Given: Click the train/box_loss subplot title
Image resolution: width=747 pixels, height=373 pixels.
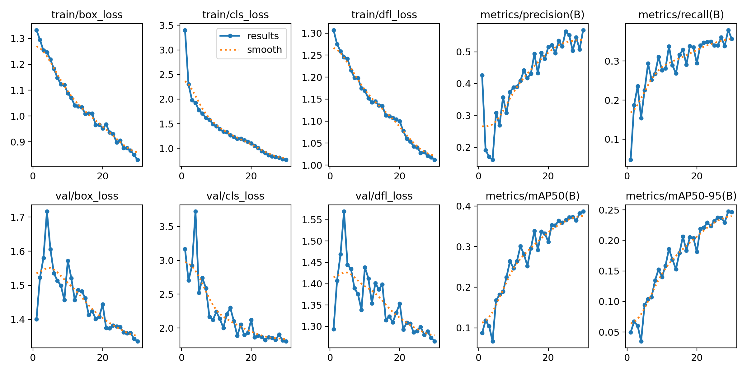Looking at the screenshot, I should pyautogui.click(x=87, y=15).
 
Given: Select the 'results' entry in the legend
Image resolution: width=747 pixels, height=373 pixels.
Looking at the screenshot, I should pyautogui.click(x=263, y=36).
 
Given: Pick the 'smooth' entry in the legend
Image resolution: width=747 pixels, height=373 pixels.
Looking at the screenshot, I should pyautogui.click(x=264, y=50).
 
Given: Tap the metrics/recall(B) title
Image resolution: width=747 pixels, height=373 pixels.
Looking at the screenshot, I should pyautogui.click(x=681, y=15).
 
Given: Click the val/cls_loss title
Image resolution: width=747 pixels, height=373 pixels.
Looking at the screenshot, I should pyautogui.click(x=235, y=196).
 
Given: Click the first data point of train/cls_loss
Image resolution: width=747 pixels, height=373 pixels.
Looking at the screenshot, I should pyautogui.click(x=185, y=30).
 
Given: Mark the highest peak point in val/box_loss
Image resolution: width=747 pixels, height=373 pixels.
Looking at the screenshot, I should pyautogui.click(x=47, y=211).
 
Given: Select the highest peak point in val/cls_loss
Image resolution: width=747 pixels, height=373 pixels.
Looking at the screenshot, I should pyautogui.click(x=195, y=211).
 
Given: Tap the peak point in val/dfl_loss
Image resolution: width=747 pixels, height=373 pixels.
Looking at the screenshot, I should pyautogui.click(x=344, y=211).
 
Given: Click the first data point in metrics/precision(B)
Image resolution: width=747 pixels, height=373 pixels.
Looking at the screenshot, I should pyautogui.click(x=482, y=75).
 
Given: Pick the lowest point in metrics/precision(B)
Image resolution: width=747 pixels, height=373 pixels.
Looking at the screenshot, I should pyautogui.click(x=493, y=160).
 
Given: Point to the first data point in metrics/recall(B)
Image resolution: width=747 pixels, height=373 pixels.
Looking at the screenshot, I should pyautogui.click(x=631, y=160).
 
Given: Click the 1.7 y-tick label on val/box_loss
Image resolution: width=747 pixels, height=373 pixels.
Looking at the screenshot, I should pyautogui.click(x=18, y=217).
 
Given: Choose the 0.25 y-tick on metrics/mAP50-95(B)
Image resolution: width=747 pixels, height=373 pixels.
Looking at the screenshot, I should pyautogui.click(x=609, y=210).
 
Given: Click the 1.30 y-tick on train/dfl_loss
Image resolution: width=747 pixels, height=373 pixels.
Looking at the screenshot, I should pyautogui.click(x=313, y=33).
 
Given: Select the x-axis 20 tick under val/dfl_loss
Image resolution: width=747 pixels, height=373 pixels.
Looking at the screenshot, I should pyautogui.click(x=400, y=358).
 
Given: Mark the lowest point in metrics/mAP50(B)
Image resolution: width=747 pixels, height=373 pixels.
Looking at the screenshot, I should pyautogui.click(x=493, y=341).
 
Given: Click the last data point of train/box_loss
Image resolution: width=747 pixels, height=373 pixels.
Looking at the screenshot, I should pyautogui.click(x=138, y=160).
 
